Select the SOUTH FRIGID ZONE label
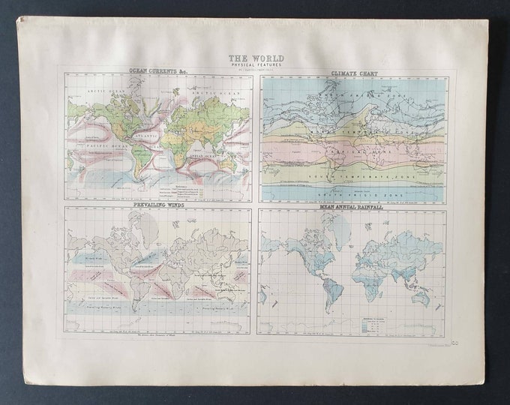(352, 191)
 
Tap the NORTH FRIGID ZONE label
(352, 97)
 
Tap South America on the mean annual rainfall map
(334, 286)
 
